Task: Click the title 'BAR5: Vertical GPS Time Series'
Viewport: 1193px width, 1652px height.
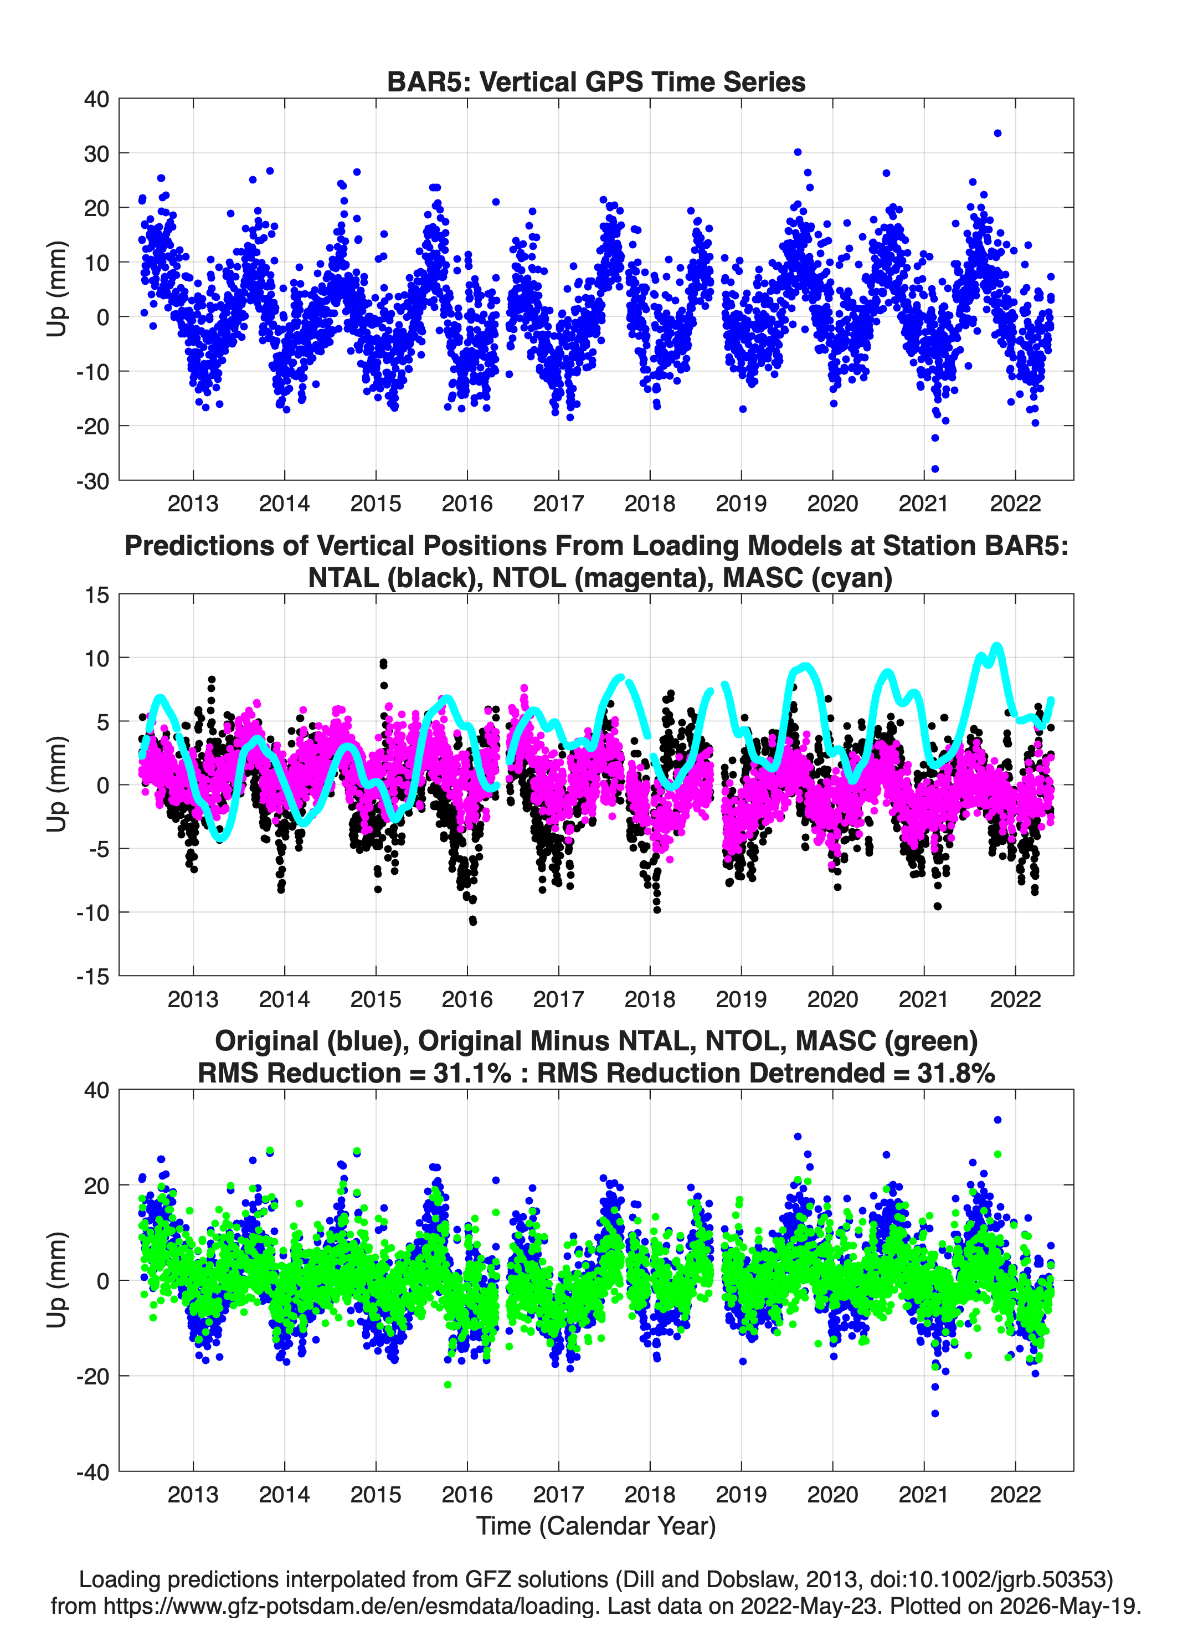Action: pyautogui.click(x=596, y=81)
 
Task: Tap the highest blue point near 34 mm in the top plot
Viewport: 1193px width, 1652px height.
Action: pyautogui.click(x=997, y=134)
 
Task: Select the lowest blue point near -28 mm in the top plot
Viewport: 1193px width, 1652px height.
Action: pyautogui.click(x=935, y=468)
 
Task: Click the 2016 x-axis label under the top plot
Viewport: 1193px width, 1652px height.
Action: pyautogui.click(x=467, y=504)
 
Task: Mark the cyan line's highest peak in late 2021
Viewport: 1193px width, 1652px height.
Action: pyautogui.click(x=997, y=645)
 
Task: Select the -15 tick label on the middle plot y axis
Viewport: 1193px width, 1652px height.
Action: pyautogui.click(x=92, y=976)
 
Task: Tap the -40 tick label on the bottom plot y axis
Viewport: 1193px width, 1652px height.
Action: pyautogui.click(x=92, y=1471)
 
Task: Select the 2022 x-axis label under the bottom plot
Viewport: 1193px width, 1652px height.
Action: pyautogui.click(x=1015, y=1495)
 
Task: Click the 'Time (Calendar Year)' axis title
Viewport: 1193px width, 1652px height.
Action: pyautogui.click(x=596, y=1526)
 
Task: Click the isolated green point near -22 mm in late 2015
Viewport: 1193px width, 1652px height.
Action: pyautogui.click(x=448, y=1384)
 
